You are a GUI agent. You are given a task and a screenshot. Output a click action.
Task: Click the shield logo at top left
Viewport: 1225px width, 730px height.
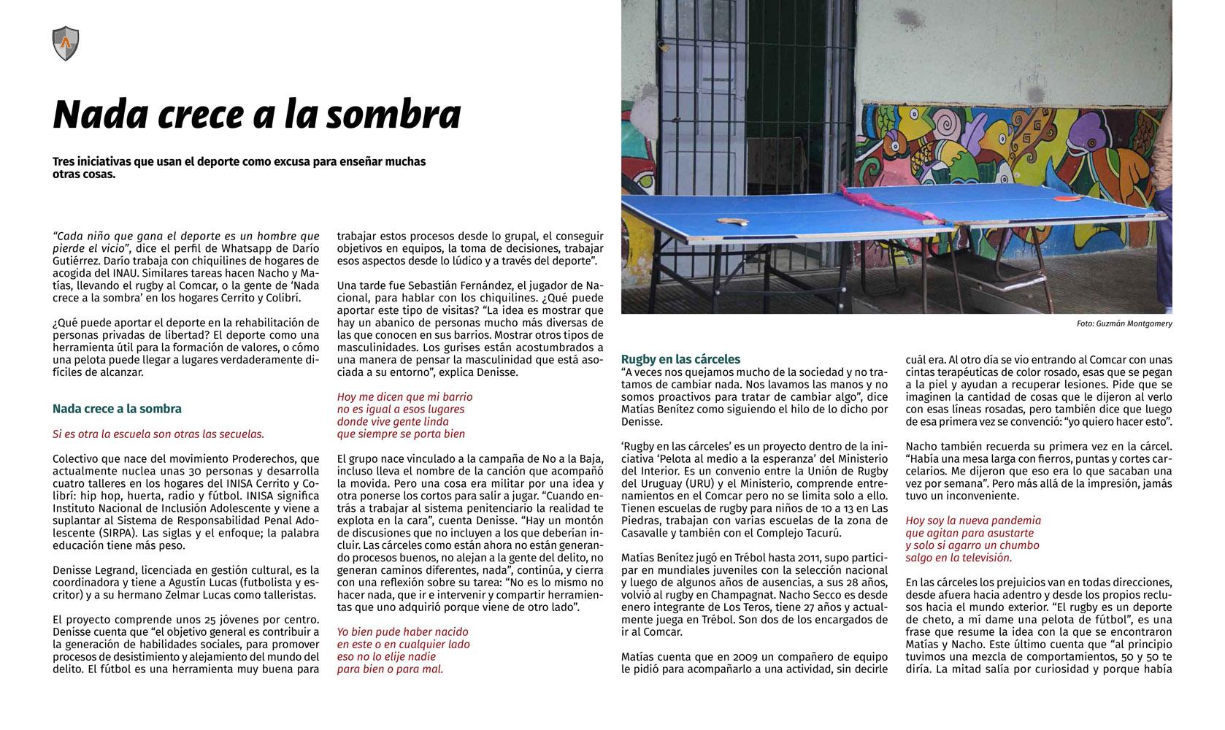coord(66,44)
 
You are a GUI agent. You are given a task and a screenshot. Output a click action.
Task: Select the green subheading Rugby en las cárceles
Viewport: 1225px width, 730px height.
coord(680,359)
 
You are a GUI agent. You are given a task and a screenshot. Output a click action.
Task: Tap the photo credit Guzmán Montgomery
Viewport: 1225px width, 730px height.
coord(1124,323)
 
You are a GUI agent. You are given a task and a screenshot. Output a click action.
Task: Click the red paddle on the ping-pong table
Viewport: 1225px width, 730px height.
coord(1068,197)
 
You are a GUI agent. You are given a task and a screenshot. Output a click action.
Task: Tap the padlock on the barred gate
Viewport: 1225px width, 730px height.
coord(664,46)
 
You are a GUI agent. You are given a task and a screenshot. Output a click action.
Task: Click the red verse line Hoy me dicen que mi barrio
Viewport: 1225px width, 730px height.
coord(404,397)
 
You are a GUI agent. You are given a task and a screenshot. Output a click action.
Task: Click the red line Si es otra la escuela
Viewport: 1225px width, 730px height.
coord(158,434)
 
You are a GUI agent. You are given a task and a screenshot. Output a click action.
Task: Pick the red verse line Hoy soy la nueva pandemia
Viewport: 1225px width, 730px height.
coord(973,520)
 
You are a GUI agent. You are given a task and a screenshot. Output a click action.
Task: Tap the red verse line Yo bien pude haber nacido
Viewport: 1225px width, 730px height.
coord(402,632)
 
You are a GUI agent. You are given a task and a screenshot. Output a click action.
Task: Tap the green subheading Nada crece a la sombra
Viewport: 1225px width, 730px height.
coord(117,409)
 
